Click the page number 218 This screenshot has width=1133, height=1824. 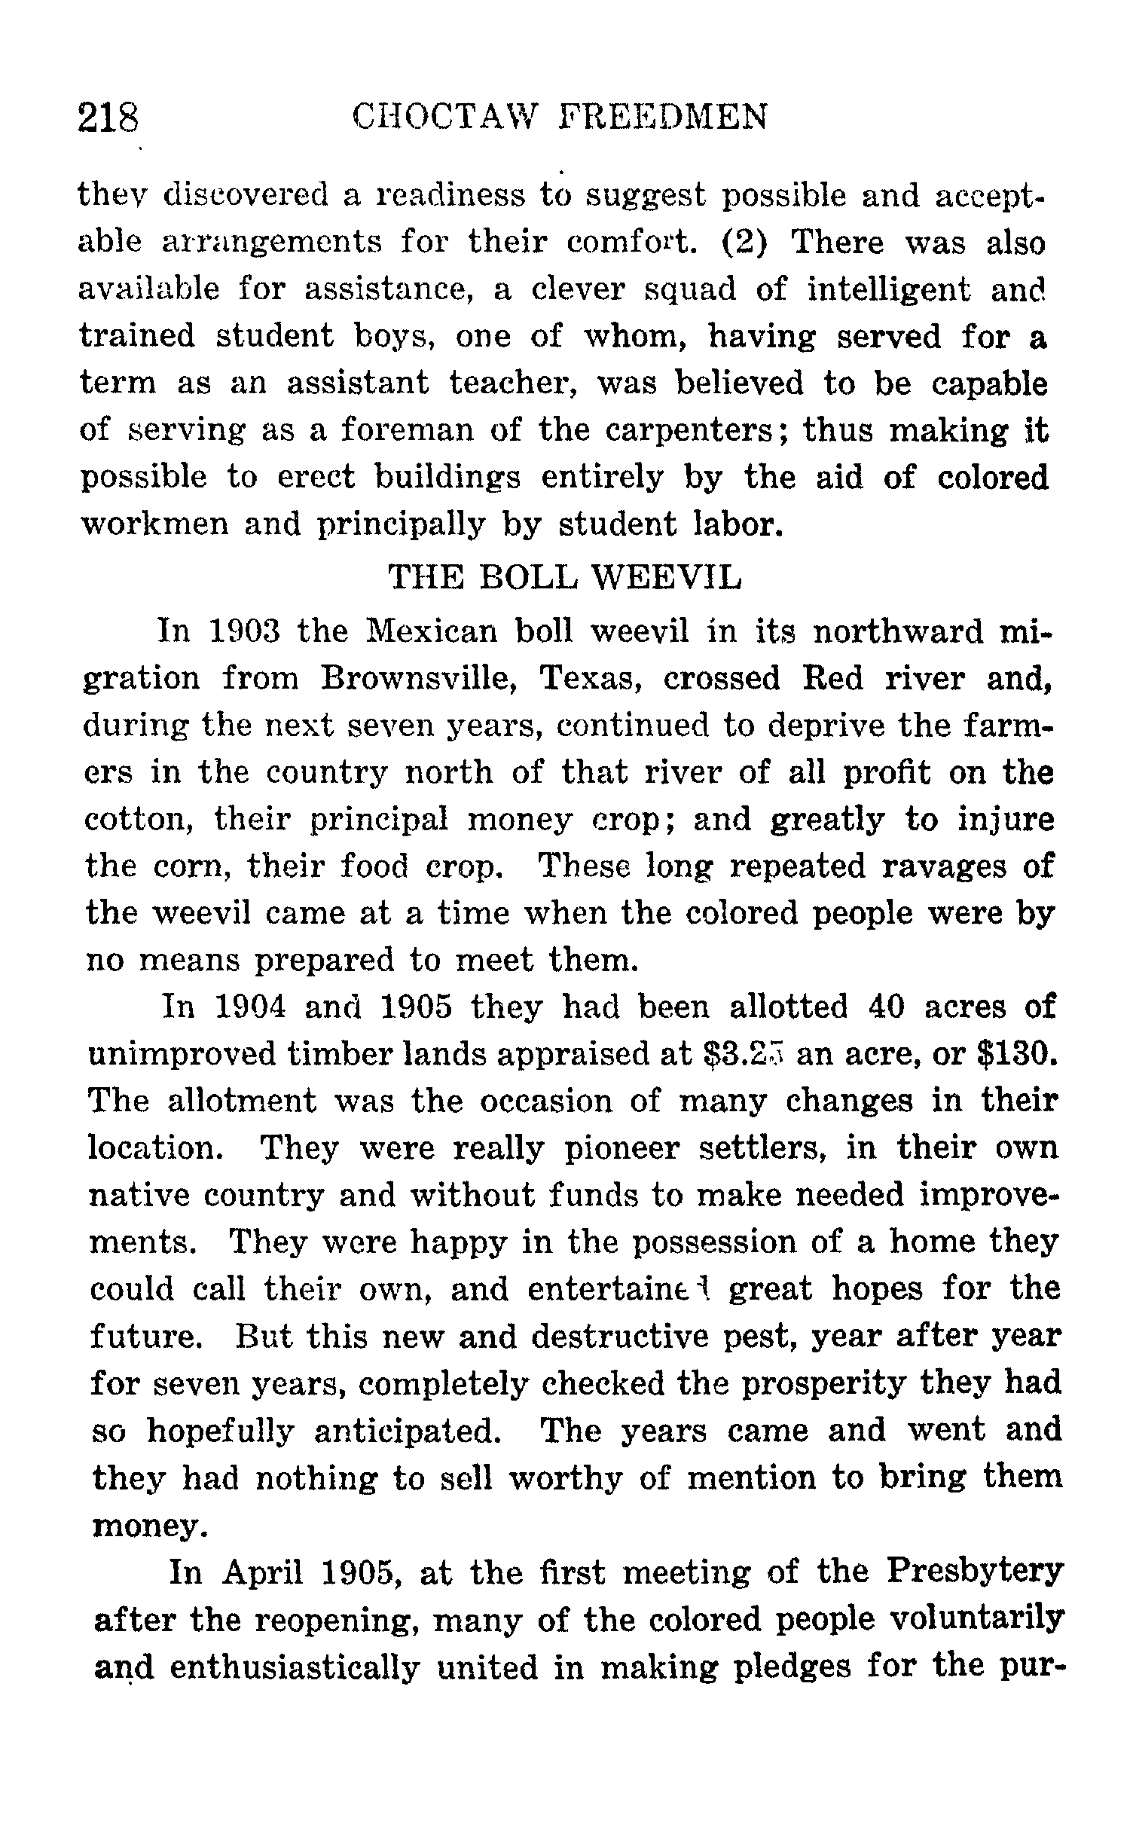[x=109, y=118]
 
